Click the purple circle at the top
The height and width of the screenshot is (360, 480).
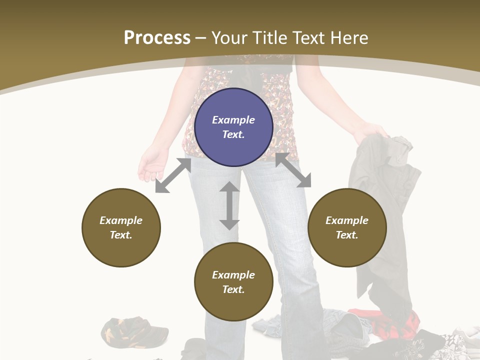[x=233, y=127]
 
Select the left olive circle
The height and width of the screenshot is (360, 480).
[x=121, y=227]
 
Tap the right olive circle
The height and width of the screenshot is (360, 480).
[x=347, y=227]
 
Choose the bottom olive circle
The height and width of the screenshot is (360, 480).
[x=233, y=282]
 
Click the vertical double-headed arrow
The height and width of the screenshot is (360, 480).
[x=229, y=205]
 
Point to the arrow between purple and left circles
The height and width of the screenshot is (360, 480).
[x=173, y=176]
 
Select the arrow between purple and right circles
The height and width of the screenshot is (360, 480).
[x=293, y=170]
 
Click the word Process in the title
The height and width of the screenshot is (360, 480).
[x=157, y=37]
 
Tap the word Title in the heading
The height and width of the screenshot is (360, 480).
[x=270, y=37]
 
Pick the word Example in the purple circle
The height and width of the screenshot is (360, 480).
[x=233, y=120]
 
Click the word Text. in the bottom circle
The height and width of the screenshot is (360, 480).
[x=233, y=289]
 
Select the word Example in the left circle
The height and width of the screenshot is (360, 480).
[x=121, y=220]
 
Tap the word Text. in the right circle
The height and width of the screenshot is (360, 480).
[x=347, y=235]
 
